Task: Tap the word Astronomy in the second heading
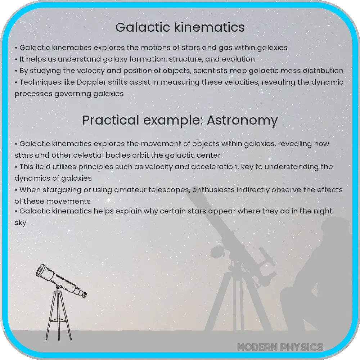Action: coord(242,120)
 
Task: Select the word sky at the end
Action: coord(21,223)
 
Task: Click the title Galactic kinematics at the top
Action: coord(180,27)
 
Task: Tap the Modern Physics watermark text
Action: coord(280,347)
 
